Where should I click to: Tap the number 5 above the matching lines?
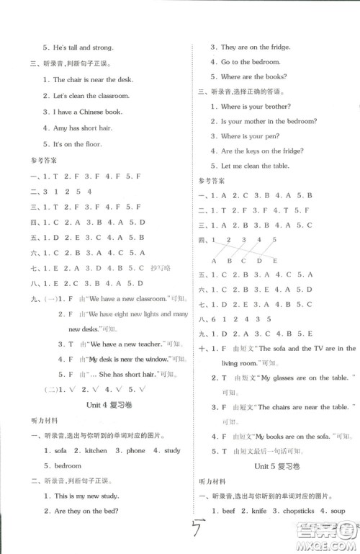tap(274, 239)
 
